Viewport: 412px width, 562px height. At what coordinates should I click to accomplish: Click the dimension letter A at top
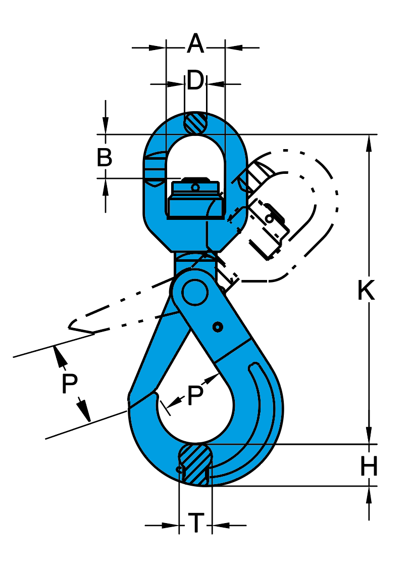tap(195, 44)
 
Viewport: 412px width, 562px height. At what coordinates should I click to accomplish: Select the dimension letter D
tap(195, 81)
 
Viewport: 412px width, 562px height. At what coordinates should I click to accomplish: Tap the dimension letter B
tap(105, 158)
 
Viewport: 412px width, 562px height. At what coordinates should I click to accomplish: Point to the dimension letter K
tap(366, 291)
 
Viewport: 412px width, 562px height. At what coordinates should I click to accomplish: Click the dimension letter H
tap(369, 467)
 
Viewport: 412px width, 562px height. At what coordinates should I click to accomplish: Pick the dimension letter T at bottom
tap(196, 523)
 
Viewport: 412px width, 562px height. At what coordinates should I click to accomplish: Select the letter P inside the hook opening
tap(195, 396)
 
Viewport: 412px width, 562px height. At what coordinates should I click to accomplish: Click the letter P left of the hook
tap(70, 385)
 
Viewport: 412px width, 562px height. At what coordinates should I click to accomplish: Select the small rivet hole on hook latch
tap(218, 327)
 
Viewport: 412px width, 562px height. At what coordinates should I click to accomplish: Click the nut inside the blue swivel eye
tap(194, 200)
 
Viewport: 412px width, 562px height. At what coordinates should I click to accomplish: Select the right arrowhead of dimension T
tap(220, 526)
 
